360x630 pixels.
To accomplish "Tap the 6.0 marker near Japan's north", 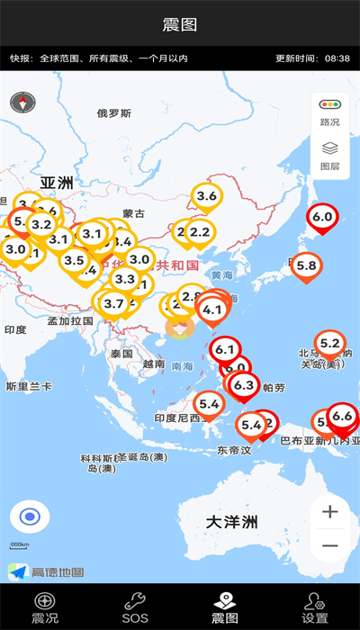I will coord(322,217).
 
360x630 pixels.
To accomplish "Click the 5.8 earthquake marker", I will coord(306,265).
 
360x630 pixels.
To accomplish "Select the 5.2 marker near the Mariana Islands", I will coord(330,343).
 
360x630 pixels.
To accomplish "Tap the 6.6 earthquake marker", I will coord(342,416).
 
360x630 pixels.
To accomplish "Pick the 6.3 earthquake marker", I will coord(243,386).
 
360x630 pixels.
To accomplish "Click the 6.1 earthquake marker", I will coord(225,350).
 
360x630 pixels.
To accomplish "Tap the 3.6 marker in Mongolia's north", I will coord(207,196).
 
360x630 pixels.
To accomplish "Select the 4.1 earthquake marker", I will coord(212,310).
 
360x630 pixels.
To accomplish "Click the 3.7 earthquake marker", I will coord(113,304).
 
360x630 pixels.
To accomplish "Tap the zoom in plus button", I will coord(330,512).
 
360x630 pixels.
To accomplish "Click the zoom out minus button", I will coord(330,545).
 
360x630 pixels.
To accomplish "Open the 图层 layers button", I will coord(330,155).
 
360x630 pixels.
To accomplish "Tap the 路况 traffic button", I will coord(330,112).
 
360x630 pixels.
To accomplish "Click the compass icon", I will coord(22,103).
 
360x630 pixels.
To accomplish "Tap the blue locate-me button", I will coord(30,517).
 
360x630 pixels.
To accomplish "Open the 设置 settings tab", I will coord(315,608).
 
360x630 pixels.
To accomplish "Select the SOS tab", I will coord(135,608).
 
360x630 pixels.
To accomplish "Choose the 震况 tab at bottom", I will coord(45,608).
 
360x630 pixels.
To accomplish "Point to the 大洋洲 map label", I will coord(232,522).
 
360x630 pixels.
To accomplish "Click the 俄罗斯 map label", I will coord(114,113).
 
